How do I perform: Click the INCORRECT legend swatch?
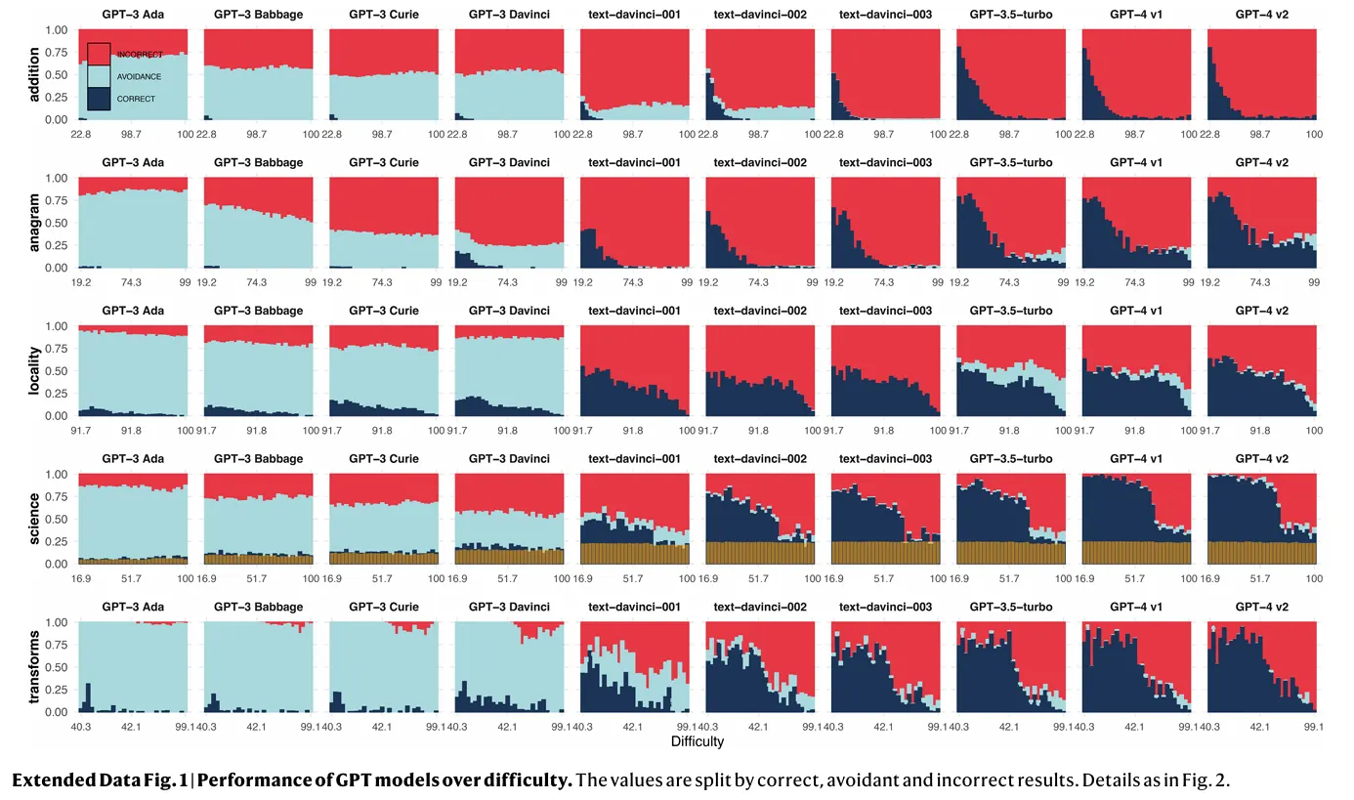99,54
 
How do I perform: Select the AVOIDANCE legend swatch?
99,76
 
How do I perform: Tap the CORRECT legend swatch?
99,99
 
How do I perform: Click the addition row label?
34,74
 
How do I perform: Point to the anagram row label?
34,223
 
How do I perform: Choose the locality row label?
34,370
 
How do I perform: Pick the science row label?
34,519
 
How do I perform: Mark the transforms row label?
34,667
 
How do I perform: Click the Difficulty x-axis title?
698,741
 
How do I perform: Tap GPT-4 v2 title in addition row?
1262,15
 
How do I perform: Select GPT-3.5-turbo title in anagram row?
1011,163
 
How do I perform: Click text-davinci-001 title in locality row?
635,311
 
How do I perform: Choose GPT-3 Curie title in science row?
384,459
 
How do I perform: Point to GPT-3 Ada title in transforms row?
133,607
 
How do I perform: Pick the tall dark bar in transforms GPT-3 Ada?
89,684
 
